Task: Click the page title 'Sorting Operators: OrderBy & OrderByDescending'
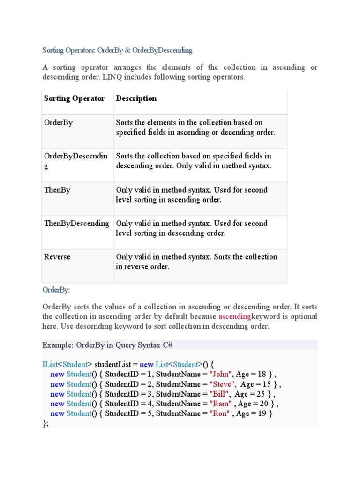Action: click(117, 50)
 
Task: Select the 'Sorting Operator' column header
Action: click(74, 98)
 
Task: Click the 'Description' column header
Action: click(136, 98)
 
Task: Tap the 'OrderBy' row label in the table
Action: click(58, 123)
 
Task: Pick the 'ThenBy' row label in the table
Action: click(57, 190)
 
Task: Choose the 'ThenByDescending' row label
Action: click(76, 224)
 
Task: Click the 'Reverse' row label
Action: click(57, 257)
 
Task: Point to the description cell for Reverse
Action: click(196, 262)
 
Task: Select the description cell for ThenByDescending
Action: click(192, 228)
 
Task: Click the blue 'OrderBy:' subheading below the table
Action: click(56, 290)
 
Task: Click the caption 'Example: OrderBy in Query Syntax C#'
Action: click(108, 345)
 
